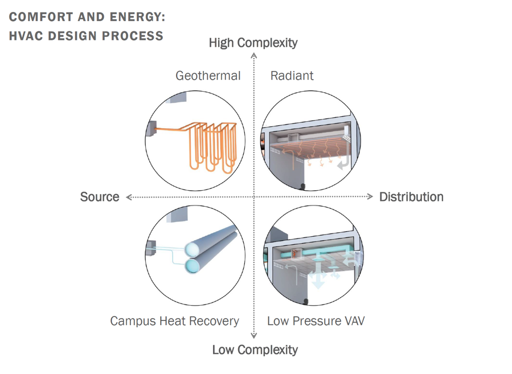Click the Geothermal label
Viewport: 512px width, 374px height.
pyautogui.click(x=208, y=76)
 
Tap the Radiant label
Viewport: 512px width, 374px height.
pyautogui.click(x=292, y=76)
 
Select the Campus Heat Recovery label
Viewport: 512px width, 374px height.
pyautogui.click(x=174, y=321)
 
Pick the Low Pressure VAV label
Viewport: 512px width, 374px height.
pyautogui.click(x=316, y=321)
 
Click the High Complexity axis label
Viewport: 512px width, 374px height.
pyautogui.click(x=253, y=43)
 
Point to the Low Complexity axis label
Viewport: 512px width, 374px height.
pyautogui.click(x=255, y=350)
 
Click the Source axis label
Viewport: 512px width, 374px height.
pyautogui.click(x=100, y=197)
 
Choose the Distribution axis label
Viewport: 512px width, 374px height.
pyautogui.click(x=411, y=197)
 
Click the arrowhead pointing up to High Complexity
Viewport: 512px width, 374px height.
pyautogui.click(x=254, y=55)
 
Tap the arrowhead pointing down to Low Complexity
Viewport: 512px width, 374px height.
pyautogui.click(x=254, y=336)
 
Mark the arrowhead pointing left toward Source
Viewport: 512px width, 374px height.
pyautogui.click(x=129, y=197)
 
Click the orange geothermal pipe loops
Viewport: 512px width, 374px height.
pyautogui.click(x=208, y=145)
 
